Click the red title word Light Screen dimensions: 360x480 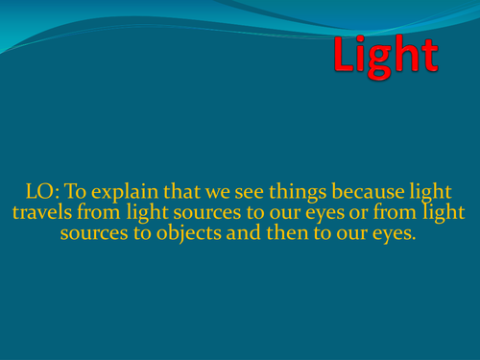pyautogui.click(x=386, y=57)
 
